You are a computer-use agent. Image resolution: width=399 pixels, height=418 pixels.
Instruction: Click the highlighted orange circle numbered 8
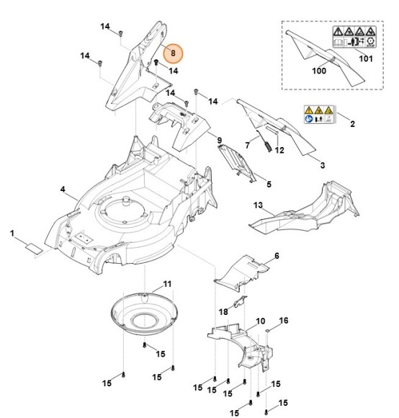tap(172, 53)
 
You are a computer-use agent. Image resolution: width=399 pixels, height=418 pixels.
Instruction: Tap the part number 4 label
tap(63, 190)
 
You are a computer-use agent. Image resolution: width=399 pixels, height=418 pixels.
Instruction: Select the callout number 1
tap(12, 233)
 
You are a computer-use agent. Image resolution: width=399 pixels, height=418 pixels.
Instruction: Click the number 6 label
tap(277, 256)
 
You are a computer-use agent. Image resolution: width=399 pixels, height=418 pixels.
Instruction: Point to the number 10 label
tap(260, 320)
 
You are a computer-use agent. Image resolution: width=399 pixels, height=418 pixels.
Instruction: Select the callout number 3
tap(322, 166)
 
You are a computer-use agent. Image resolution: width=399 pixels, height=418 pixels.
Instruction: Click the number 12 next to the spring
tap(280, 150)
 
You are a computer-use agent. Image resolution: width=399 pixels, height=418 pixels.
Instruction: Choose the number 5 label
tap(269, 184)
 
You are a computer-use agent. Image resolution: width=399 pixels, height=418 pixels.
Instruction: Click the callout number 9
tap(220, 138)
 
